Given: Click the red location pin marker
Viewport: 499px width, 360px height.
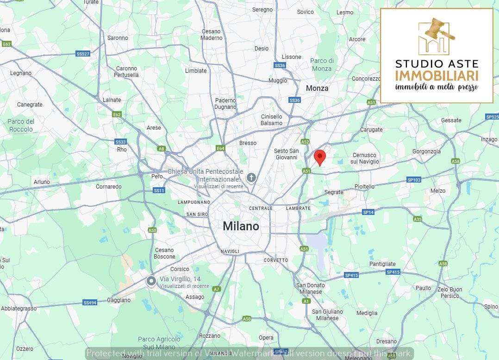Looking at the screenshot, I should (319, 157).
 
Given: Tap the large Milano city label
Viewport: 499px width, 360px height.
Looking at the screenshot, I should (241, 226).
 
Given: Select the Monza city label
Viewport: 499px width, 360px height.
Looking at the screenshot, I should (317, 88).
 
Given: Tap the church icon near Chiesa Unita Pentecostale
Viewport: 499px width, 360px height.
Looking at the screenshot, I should (251, 177).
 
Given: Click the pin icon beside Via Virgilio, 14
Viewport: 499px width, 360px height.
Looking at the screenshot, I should (151, 281).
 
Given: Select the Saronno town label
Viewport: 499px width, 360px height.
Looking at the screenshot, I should (117, 38).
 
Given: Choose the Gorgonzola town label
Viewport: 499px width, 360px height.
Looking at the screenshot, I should (426, 152).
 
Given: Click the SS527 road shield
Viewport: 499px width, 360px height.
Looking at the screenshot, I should (82, 54).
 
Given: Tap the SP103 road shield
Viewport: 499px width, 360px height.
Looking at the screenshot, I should (414, 180).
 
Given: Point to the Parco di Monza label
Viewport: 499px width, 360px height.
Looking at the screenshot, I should (322, 65).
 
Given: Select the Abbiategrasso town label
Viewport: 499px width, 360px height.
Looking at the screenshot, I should (19, 309).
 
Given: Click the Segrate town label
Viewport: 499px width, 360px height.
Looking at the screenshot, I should (334, 192).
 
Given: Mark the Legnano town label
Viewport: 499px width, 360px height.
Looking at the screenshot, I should (21, 73).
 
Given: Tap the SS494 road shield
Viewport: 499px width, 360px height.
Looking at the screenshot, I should (90, 303).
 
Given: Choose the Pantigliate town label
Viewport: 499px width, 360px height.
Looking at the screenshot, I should (382, 264).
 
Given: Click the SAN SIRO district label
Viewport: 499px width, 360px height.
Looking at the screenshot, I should (197, 215).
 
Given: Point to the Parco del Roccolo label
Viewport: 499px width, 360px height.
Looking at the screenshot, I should (21, 125).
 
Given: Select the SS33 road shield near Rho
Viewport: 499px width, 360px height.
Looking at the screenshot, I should (120, 142).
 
